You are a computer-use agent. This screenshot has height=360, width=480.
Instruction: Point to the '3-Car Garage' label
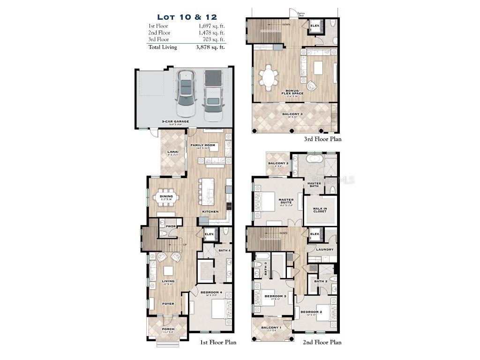(175, 121)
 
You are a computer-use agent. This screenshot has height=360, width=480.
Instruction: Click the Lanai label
(172, 152)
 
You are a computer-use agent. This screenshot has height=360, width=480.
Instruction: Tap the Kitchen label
(210, 212)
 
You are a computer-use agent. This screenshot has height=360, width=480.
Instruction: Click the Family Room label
(202, 145)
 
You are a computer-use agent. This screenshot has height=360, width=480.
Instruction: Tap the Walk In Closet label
(320, 210)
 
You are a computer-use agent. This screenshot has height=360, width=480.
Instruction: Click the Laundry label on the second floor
(324, 249)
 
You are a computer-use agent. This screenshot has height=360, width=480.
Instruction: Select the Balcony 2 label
(278, 163)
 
